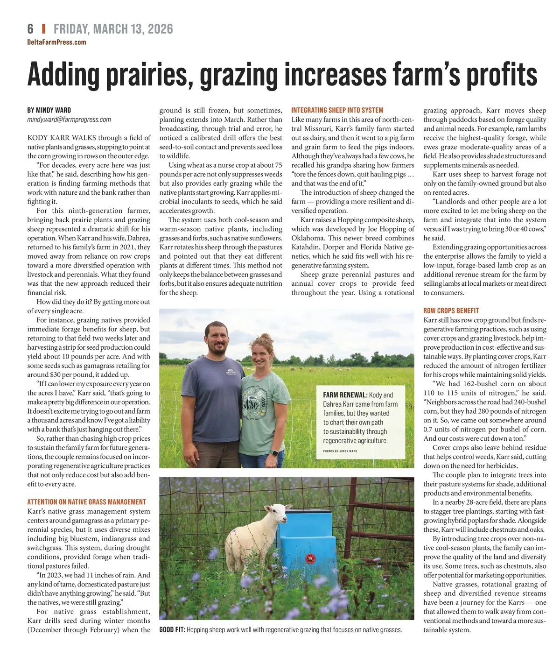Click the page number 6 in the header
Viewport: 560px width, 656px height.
[30, 29]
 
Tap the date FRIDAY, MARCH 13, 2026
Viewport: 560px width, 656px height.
[113, 29]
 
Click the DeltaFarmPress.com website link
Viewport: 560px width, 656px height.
[56, 42]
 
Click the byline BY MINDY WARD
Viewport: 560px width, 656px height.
[49, 110]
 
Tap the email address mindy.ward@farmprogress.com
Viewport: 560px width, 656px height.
[69, 120]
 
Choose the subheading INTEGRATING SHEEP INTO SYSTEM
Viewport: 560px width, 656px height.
[337, 110]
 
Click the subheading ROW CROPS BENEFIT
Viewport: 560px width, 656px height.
[451, 310]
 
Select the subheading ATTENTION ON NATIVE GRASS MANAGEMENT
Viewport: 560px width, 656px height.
[86, 502]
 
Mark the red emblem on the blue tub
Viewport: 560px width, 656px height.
[309, 558]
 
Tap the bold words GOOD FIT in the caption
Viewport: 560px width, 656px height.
[172, 630]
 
